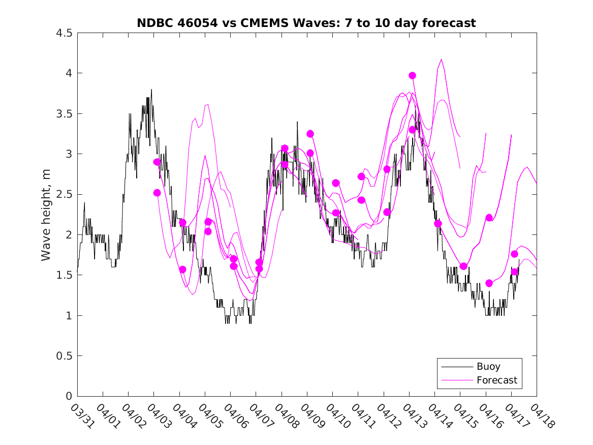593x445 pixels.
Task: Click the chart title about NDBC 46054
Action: pyautogui.click(x=306, y=23)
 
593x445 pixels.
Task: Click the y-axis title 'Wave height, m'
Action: pyautogui.click(x=46, y=215)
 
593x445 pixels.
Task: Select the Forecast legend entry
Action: pyautogui.click(x=496, y=380)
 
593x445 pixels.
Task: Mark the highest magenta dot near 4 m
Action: pyautogui.click(x=412, y=75)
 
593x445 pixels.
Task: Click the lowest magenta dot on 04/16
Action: pyautogui.click(x=489, y=283)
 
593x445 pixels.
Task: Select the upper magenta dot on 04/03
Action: pyautogui.click(x=157, y=162)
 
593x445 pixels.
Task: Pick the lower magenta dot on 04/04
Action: pyautogui.click(x=182, y=270)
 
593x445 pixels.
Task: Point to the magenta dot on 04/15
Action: pyautogui.click(x=463, y=266)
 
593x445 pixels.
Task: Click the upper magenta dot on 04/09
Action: pyautogui.click(x=310, y=134)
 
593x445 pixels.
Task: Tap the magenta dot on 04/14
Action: pyautogui.click(x=438, y=223)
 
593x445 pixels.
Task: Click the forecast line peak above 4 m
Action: pyautogui.click(x=441, y=60)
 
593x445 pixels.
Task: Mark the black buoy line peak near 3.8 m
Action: pyautogui.click(x=151, y=90)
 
